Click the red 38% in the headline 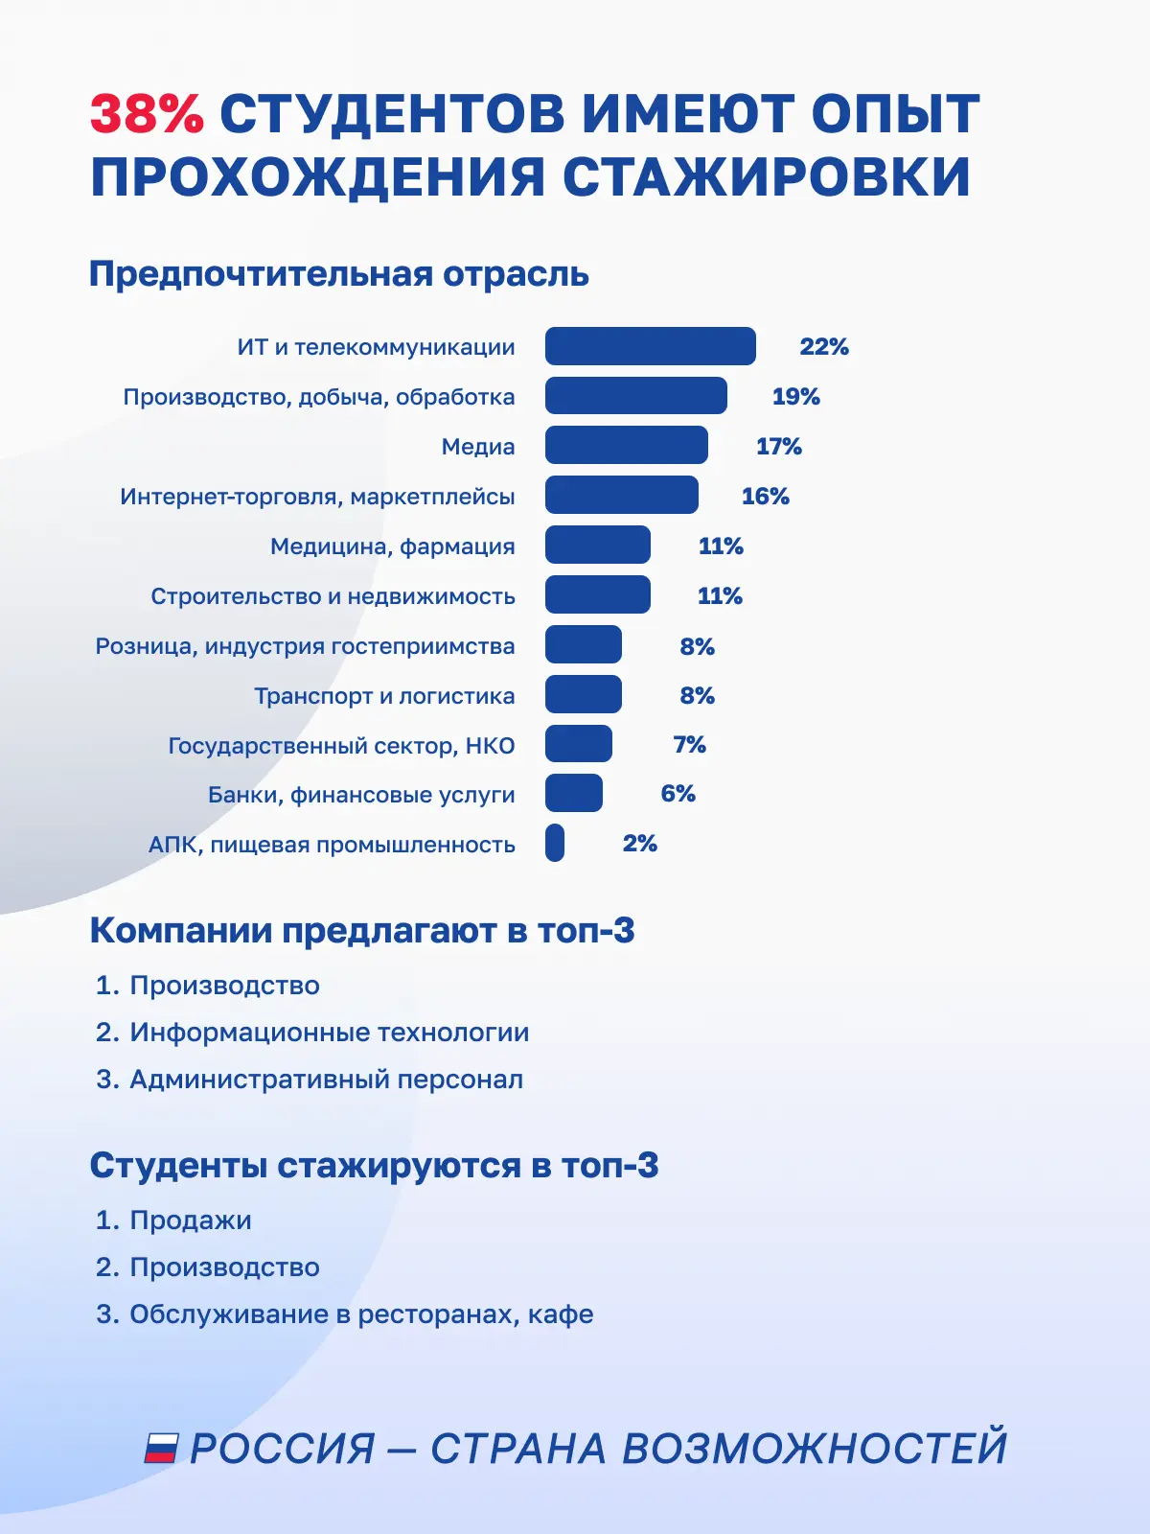pos(147,113)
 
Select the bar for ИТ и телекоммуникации pos(650,346)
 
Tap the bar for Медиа pos(627,445)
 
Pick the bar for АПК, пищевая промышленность pos(555,843)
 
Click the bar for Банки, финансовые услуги pos(573,793)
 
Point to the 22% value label pos(824,347)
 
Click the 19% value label pos(796,396)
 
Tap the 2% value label pos(639,844)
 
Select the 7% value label pos(689,744)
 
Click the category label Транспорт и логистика pos(384,696)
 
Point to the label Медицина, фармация pos(392,546)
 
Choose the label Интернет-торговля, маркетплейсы pos(318,497)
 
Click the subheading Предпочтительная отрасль pos(339,274)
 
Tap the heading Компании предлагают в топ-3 pos(362,931)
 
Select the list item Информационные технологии pos(330,1033)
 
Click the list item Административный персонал pos(326,1080)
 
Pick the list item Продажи pos(191,1220)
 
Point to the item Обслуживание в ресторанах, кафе pos(361,1314)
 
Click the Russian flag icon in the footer pos(161,1449)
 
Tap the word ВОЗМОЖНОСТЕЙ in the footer pos(815,1449)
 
